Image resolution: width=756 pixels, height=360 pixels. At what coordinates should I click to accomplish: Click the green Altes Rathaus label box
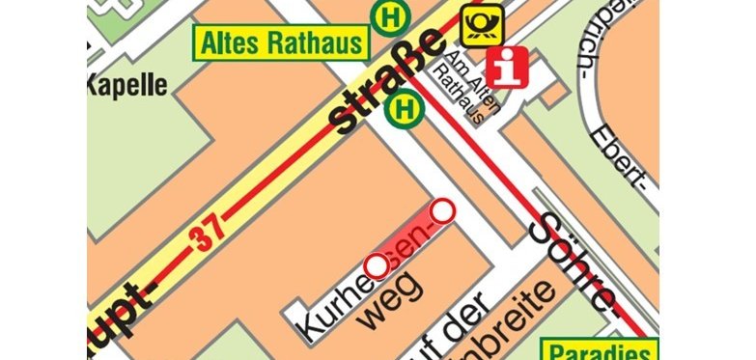coord(282,42)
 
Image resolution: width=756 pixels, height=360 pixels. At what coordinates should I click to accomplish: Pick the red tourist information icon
coord(508,67)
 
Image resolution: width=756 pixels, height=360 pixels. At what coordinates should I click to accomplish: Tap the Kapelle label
coord(126,84)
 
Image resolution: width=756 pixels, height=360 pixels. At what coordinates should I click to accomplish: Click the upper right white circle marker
coord(442,209)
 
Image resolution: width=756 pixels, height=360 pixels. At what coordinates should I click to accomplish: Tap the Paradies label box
coord(602,350)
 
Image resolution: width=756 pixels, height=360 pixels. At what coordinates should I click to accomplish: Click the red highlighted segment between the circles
coord(410,237)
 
